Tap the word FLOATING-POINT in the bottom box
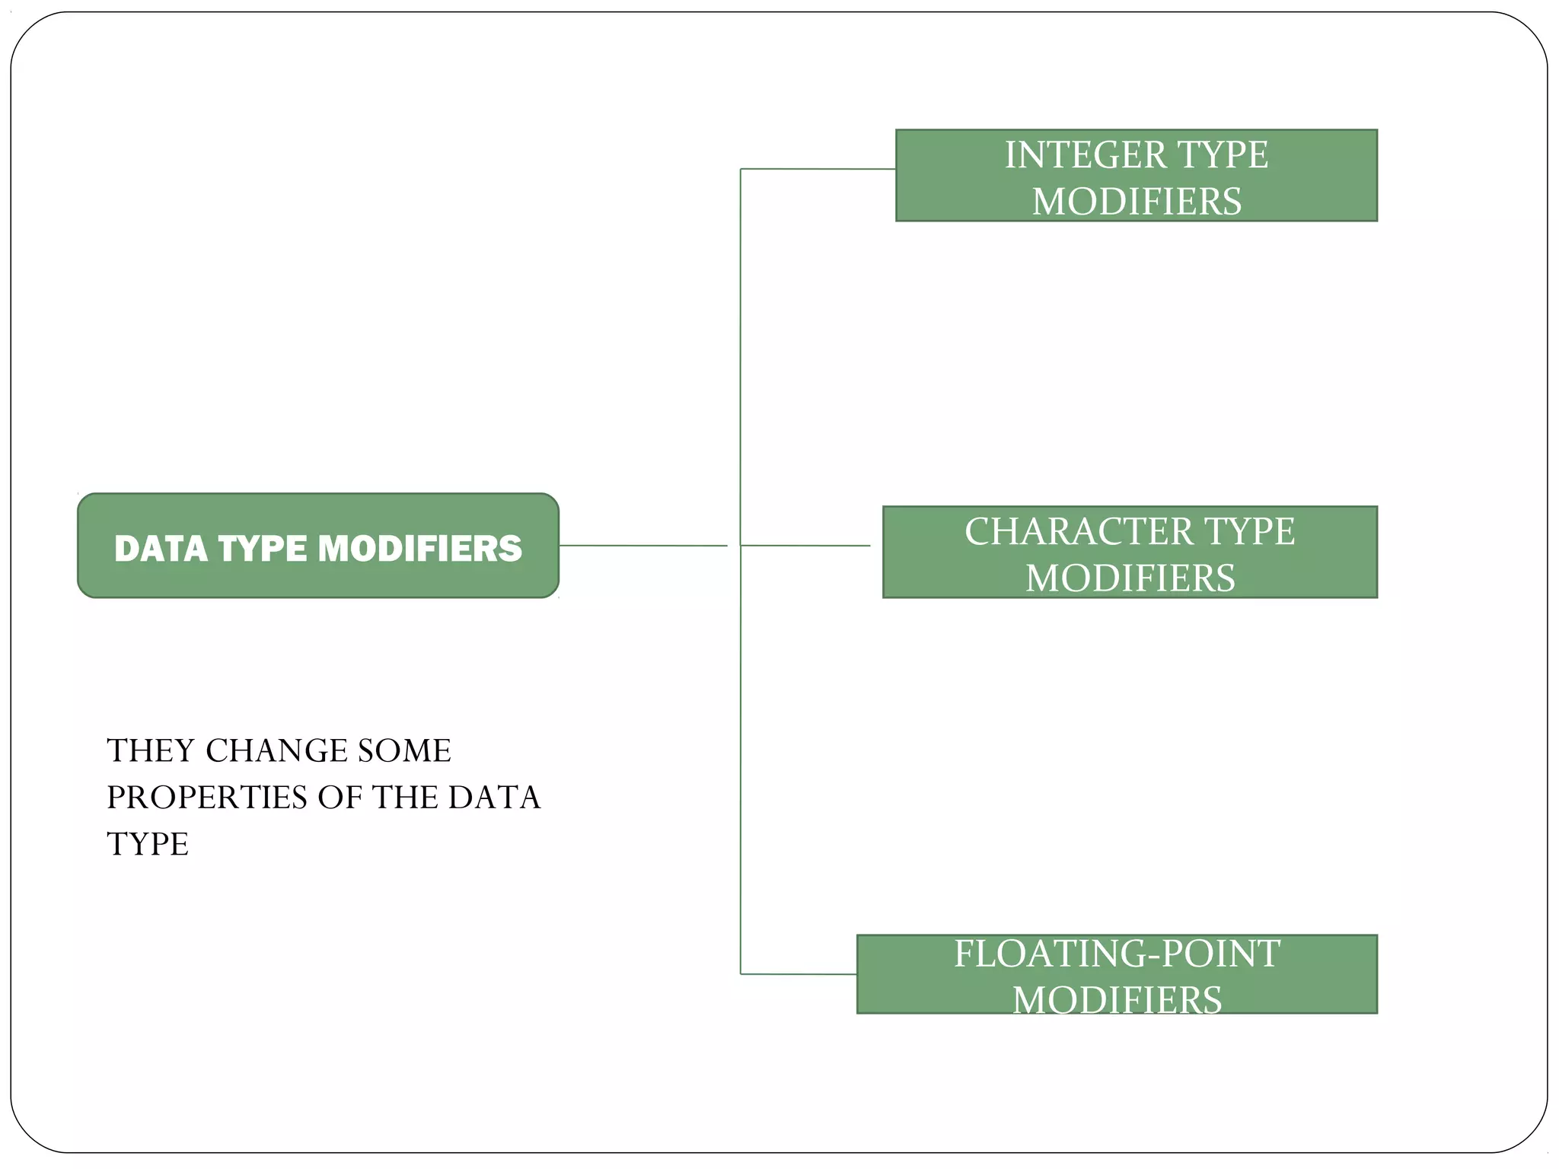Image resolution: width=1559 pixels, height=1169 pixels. [1117, 954]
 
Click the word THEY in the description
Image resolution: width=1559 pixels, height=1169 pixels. [151, 751]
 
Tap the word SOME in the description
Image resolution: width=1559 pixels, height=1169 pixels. [404, 751]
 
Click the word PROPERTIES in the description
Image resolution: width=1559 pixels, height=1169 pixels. [207, 798]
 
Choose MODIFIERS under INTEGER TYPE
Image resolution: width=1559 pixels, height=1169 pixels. [1137, 202]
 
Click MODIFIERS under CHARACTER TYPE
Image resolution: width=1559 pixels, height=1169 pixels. [1130, 578]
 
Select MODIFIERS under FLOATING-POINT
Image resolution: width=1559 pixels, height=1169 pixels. [1117, 1000]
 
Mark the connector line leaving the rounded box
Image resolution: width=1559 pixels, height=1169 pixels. [643, 546]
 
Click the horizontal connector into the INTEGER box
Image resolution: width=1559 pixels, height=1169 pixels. [818, 169]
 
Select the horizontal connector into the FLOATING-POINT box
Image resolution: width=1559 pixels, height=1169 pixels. [799, 974]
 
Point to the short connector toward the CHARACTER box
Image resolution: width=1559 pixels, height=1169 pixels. [805, 546]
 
